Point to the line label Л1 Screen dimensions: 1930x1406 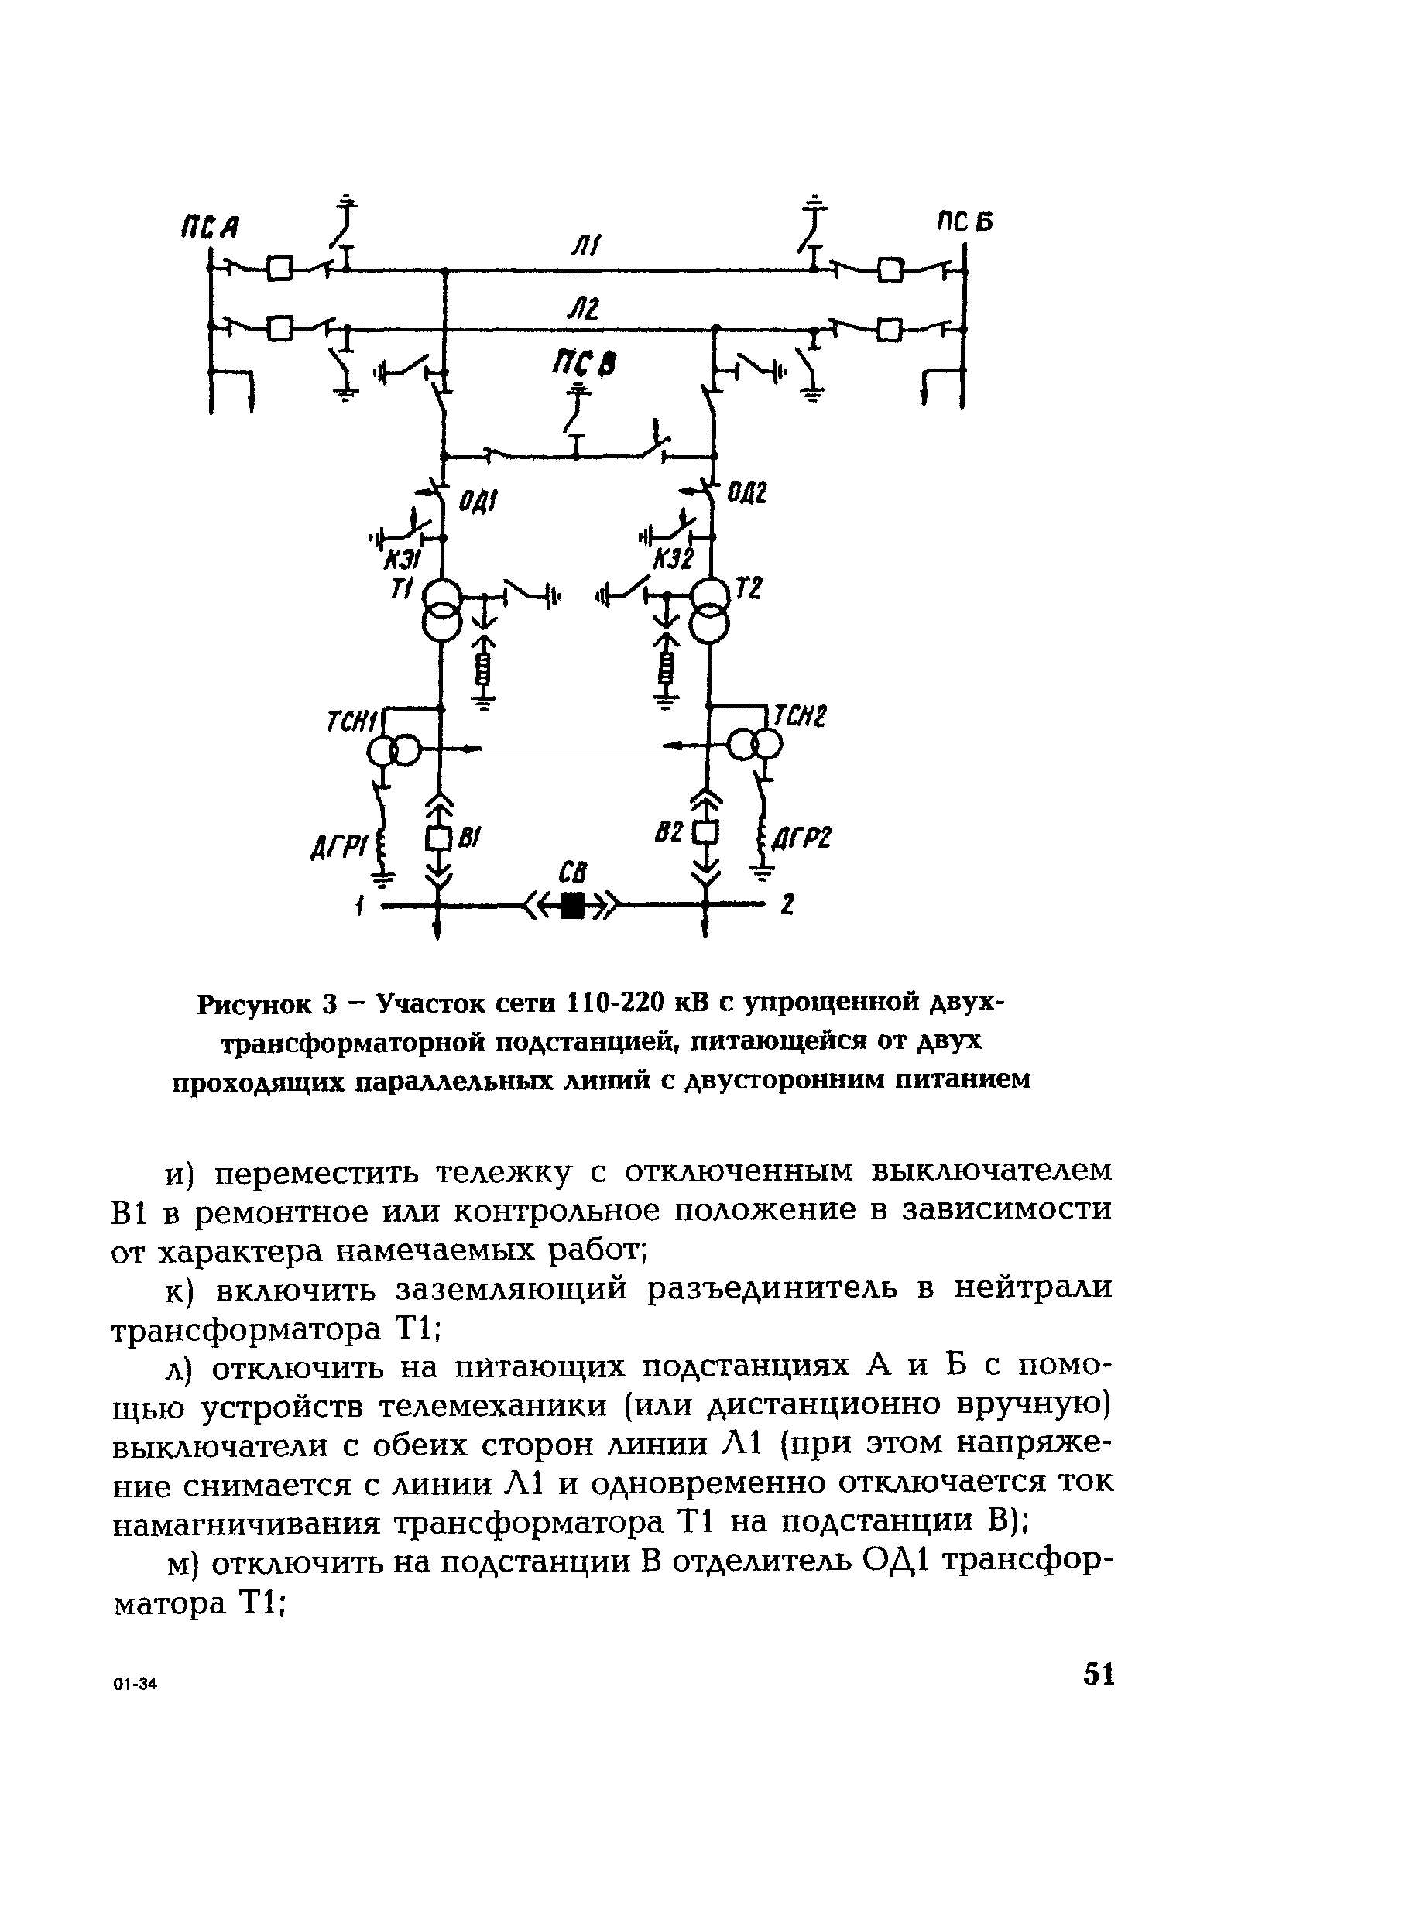click(x=586, y=248)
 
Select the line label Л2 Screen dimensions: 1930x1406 click(x=584, y=309)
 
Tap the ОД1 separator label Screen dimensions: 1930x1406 click(x=478, y=503)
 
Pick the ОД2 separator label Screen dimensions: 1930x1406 click(x=746, y=492)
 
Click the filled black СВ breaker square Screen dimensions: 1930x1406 click(x=574, y=907)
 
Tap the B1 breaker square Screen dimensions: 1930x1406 click(x=437, y=839)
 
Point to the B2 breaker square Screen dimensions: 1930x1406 click(x=705, y=832)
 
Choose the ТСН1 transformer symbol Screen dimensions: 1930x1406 click(x=394, y=749)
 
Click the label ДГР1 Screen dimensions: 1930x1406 click(x=338, y=848)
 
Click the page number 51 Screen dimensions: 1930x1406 click(x=1098, y=1674)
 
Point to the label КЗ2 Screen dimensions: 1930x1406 click(x=674, y=559)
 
